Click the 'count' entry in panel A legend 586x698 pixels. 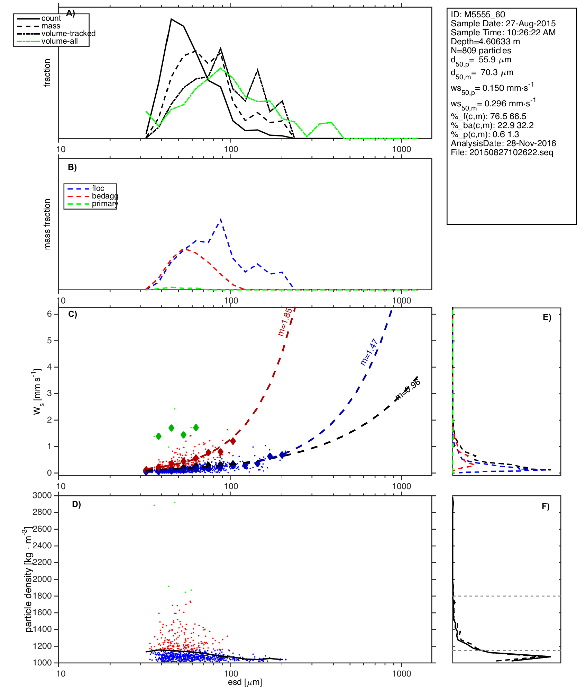51,18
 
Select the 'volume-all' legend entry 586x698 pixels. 59,41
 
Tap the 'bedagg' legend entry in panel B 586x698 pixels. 105,196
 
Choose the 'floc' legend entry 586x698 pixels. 98,188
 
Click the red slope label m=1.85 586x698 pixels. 285,322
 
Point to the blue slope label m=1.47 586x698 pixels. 369,352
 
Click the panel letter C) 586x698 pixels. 73,314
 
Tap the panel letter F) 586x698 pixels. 546,506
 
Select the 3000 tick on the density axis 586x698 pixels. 42,495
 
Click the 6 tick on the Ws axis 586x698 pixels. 49,314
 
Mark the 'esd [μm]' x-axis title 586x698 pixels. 245,682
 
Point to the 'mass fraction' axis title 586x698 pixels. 47,224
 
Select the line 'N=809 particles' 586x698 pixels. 481,51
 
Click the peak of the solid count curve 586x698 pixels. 171,19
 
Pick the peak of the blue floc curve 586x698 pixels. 221,219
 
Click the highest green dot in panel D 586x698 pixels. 174,502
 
